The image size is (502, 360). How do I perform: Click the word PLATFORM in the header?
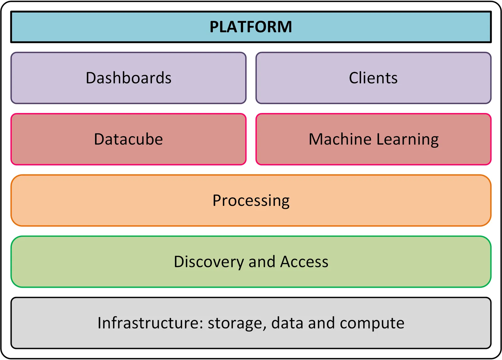(x=251, y=27)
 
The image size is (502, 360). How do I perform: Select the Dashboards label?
(x=129, y=78)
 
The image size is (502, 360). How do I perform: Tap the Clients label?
(x=373, y=78)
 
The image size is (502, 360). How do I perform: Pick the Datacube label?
(x=128, y=139)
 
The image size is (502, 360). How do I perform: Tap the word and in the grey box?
(x=321, y=323)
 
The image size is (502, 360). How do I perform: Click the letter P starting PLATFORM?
(x=214, y=27)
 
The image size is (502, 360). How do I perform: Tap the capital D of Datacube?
(x=99, y=139)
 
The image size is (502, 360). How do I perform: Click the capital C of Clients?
(x=354, y=78)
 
